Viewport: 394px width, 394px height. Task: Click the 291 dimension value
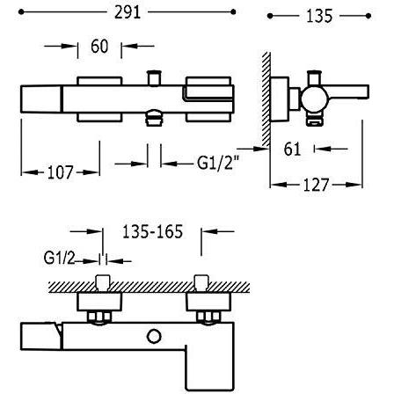coord(128,12)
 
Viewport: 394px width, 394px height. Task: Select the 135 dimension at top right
coord(319,16)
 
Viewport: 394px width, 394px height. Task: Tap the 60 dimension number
coord(99,47)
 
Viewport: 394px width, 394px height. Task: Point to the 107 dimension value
coord(60,172)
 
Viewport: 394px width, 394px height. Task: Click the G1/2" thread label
coord(218,163)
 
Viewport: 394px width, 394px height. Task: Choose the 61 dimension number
coord(292,149)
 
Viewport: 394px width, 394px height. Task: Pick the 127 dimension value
coord(316,185)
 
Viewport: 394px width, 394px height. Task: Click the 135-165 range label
coord(152,231)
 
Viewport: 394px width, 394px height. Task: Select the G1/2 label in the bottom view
coord(59,259)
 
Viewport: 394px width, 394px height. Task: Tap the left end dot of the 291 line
coord(21,12)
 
